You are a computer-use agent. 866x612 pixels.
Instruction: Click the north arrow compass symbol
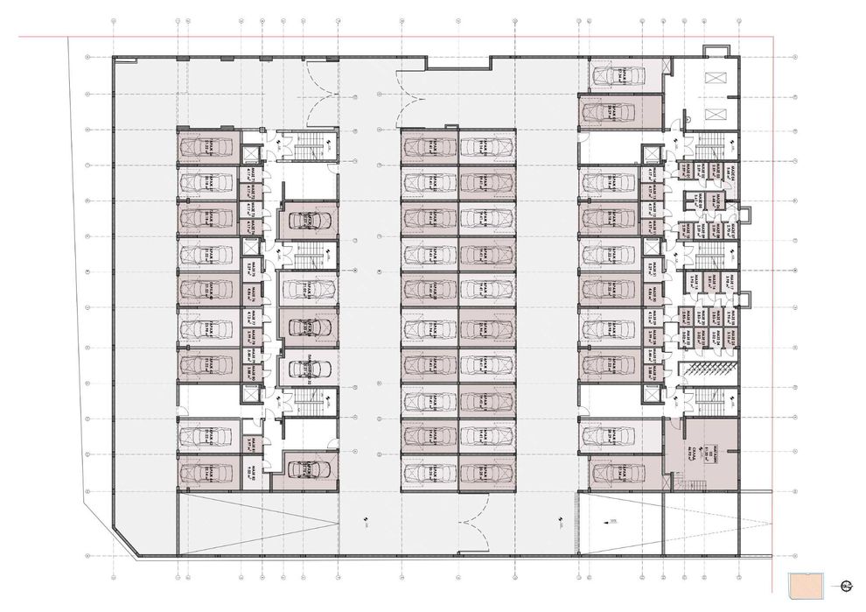click(x=846, y=587)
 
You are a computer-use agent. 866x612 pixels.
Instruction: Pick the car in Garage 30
click(x=430, y=474)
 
